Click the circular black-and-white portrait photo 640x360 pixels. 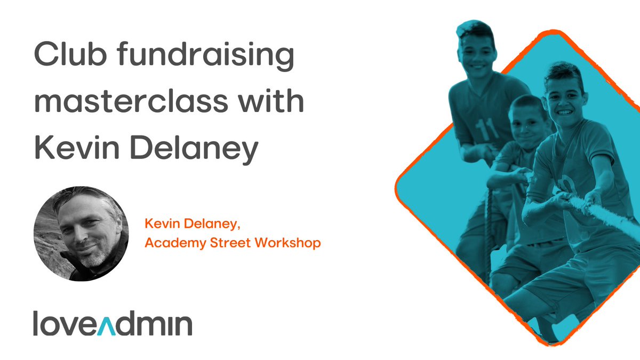pos(81,233)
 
